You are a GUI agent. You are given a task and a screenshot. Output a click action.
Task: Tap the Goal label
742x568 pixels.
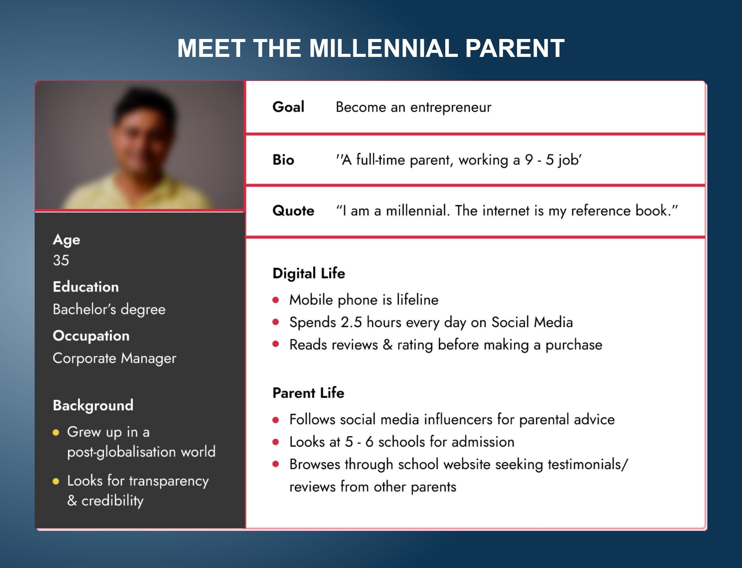pos(288,107)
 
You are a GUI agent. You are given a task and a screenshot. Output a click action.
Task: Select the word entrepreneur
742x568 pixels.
pos(451,108)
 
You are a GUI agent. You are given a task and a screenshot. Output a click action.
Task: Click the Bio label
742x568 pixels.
pos(283,160)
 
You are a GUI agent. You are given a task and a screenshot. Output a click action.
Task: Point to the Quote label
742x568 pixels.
pos(293,211)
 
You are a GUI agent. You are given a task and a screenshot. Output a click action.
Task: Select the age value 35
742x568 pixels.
pos(61,260)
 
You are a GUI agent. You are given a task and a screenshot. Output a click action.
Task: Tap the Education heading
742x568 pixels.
pos(86,287)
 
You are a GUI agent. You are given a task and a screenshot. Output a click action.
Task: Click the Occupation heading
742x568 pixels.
pos(91,336)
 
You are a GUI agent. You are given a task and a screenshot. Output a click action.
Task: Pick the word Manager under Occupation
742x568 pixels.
pos(148,358)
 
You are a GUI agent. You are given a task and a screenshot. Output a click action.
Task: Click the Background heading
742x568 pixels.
pos(93,405)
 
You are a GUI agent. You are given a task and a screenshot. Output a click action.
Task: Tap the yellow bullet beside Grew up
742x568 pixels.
pos(56,432)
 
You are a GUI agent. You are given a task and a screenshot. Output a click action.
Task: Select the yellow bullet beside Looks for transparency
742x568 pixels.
pos(56,481)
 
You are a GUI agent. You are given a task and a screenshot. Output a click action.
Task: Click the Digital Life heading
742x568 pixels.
pos(309,273)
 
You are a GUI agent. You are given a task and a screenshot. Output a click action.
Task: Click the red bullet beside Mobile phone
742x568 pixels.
pos(276,300)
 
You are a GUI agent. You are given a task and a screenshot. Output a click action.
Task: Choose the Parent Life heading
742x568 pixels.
pos(308,393)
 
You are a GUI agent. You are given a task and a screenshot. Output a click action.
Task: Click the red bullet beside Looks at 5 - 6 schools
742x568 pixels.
pos(276,442)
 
